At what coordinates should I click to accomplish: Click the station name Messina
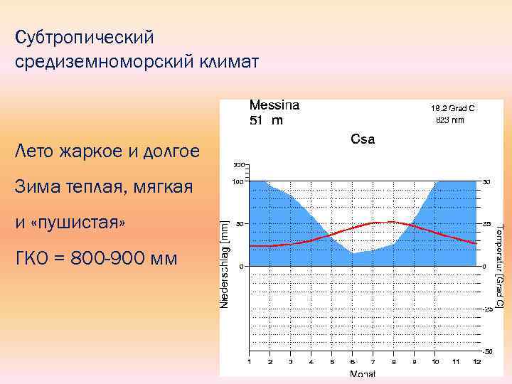point(274,105)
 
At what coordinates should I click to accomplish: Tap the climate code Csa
point(363,139)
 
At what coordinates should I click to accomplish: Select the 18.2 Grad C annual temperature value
point(452,109)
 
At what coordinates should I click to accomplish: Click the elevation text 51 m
point(266,120)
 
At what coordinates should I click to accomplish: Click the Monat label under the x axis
point(363,374)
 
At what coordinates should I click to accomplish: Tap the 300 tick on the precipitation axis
point(240,165)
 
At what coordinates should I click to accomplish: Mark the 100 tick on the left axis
point(240,181)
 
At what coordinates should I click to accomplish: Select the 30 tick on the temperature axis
point(487,181)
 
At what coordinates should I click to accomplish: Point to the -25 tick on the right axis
point(488,309)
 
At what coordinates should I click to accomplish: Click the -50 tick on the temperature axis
point(488,352)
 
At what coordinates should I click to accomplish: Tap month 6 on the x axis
point(352,362)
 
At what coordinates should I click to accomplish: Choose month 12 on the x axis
point(477,362)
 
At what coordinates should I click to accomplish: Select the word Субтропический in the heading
point(84,36)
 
